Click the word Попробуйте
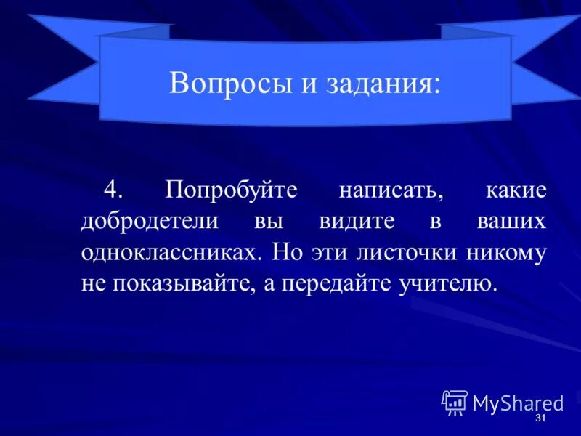pos(231,190)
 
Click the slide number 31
pos(540,421)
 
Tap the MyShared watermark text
pos(518,403)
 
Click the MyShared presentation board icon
pos(455,403)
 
